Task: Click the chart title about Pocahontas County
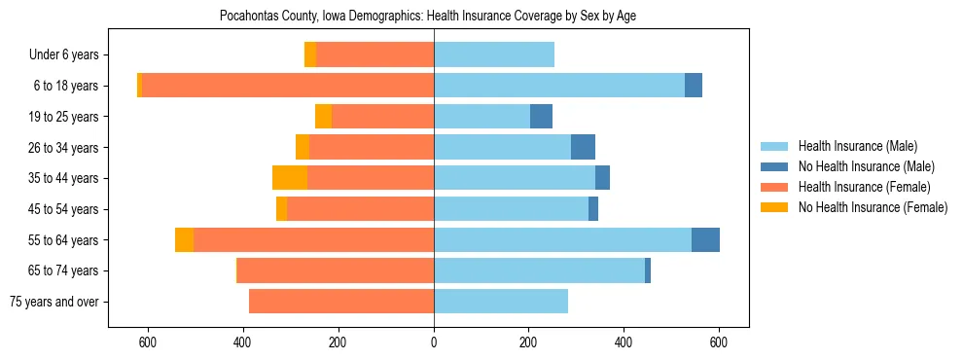pos(428,17)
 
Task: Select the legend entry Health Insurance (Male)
pos(857,146)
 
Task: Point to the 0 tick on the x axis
pos(434,342)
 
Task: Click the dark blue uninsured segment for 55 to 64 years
pos(705,239)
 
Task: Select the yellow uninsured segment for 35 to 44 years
pos(290,178)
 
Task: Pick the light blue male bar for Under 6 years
pos(494,55)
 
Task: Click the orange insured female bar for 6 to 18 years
pos(516,86)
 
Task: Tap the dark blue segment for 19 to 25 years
pos(541,117)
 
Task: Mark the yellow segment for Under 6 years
pos(310,55)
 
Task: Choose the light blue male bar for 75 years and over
pos(501,302)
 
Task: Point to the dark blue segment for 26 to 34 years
pos(583,147)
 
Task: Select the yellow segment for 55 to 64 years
pos(184,239)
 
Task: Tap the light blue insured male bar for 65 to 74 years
pos(539,270)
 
